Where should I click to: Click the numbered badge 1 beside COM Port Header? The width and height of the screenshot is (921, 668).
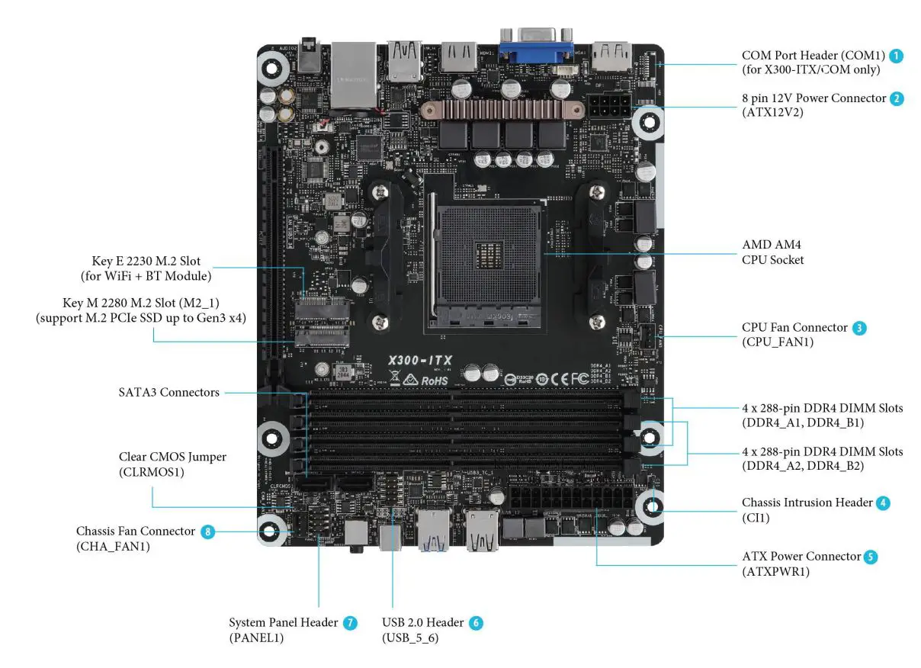[897, 56]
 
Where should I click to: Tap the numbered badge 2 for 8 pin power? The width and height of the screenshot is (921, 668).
[897, 98]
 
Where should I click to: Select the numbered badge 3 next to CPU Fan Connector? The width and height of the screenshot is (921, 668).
[859, 328]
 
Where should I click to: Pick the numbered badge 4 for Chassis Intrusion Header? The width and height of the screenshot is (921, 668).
[882, 503]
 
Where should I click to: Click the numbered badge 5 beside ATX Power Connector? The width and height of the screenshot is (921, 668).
[871, 557]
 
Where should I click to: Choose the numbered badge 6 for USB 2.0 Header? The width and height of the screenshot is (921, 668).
[476, 623]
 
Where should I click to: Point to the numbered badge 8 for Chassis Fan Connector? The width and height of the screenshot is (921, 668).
[207, 531]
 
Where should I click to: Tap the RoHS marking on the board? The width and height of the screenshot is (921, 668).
[434, 380]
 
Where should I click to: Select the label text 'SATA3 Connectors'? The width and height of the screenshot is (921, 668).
[168, 393]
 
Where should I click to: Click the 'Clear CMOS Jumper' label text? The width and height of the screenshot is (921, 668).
[172, 458]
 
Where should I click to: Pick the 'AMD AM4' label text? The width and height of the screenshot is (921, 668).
[772, 246]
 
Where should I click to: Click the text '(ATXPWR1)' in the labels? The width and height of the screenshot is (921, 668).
[775, 571]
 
